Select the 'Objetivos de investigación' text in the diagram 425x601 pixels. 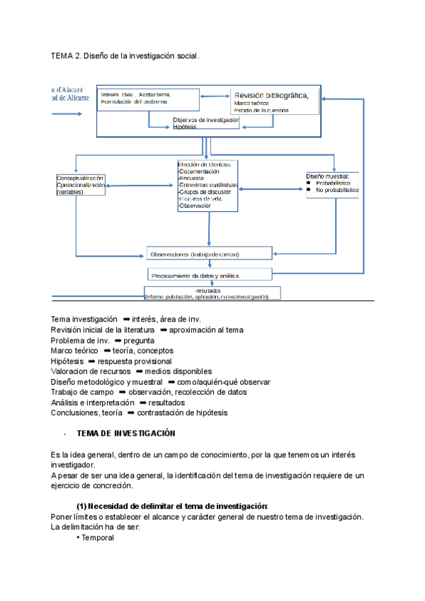205,120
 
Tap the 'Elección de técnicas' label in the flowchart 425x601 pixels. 204,164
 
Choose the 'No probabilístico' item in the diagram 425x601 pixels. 337,190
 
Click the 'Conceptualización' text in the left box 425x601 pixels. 80,178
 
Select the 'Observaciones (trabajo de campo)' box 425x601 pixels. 208,254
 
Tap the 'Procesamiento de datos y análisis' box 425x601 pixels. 210,274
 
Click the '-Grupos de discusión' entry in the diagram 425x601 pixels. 205,192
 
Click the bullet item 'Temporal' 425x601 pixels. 97,537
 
